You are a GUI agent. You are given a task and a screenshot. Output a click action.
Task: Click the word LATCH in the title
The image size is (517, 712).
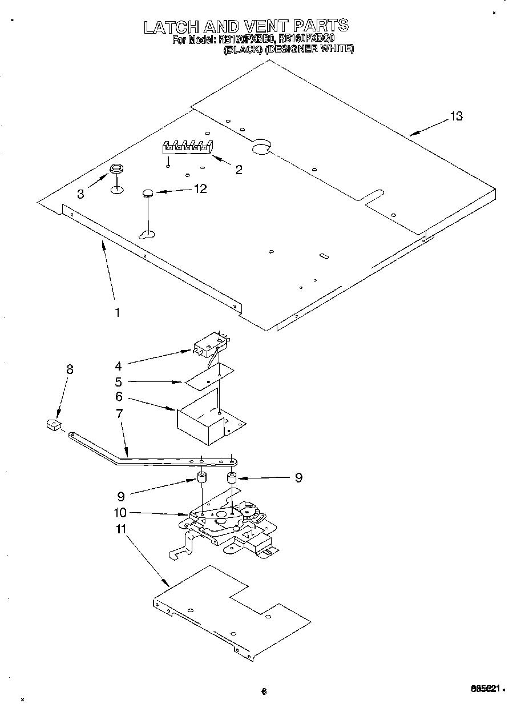tap(169, 27)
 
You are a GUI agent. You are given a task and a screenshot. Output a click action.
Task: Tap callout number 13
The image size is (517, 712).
tap(455, 116)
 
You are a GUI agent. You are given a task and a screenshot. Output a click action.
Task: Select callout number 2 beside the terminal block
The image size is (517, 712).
tap(239, 170)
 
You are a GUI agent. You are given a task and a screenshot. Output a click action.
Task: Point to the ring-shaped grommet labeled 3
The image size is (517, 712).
tap(116, 168)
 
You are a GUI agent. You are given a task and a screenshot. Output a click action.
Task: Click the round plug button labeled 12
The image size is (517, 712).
tap(148, 194)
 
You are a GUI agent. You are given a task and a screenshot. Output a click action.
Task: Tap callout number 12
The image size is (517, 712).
tap(200, 189)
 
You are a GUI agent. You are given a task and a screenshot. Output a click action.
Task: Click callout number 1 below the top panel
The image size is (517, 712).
tap(117, 312)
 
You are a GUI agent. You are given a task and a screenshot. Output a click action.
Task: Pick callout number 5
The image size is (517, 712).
tap(119, 381)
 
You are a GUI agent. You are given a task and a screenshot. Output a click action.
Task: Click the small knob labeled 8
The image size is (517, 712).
tap(53, 425)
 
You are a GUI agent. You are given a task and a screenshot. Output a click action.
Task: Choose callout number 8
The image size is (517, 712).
tap(70, 369)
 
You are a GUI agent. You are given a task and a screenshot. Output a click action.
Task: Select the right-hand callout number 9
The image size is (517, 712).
tap(298, 478)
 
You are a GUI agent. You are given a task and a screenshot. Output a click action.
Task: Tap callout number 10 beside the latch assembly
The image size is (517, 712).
tap(120, 513)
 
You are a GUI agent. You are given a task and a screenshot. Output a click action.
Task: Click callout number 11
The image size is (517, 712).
tap(120, 529)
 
